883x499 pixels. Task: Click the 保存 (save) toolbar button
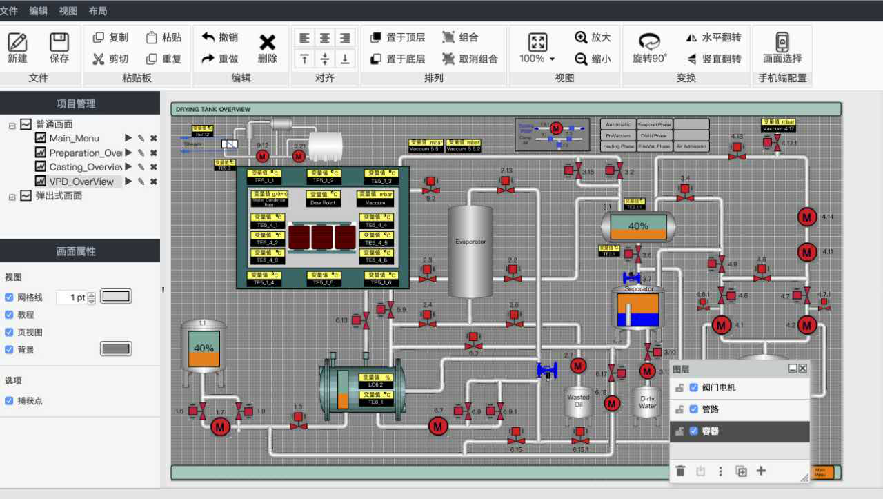(x=59, y=48)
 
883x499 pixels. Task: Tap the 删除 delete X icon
(x=267, y=48)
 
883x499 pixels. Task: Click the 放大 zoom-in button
(x=593, y=37)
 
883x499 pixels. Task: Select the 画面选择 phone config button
(x=782, y=48)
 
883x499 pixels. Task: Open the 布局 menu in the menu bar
(x=98, y=11)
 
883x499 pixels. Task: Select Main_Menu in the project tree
(x=74, y=138)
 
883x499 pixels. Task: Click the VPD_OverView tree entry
(x=81, y=182)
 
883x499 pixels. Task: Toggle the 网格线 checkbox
(x=10, y=297)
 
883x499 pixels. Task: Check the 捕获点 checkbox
(x=10, y=400)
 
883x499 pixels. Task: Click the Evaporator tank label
(x=470, y=242)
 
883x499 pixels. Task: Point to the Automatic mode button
(x=618, y=125)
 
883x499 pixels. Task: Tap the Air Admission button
(x=691, y=146)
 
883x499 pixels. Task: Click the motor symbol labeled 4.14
(x=806, y=217)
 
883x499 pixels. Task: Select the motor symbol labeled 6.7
(x=438, y=427)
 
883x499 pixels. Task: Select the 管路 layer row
(x=740, y=409)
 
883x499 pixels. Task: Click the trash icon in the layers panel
(x=680, y=471)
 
